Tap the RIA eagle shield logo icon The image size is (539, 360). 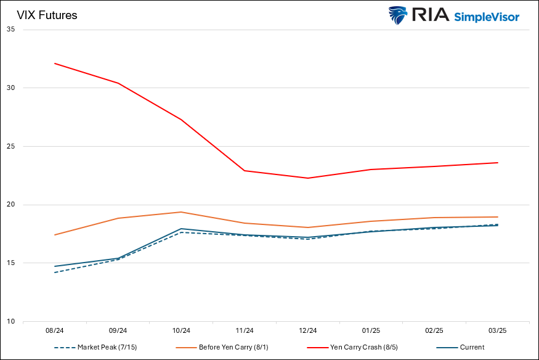point(397,15)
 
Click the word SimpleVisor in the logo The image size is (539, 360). point(487,17)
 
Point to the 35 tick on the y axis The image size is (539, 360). point(10,30)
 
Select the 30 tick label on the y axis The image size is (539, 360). point(10,88)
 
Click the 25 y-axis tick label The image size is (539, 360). point(10,147)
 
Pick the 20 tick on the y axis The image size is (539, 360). point(10,205)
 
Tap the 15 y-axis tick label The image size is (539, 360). point(10,263)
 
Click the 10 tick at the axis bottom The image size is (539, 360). point(10,322)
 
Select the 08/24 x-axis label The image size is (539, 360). point(55,330)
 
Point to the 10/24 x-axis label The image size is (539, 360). point(181,330)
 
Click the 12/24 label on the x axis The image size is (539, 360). point(307,330)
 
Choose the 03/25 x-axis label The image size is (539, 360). point(497,330)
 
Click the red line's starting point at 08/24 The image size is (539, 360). point(55,63)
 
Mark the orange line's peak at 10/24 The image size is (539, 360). point(181,212)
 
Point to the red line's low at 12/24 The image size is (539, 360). point(307,178)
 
